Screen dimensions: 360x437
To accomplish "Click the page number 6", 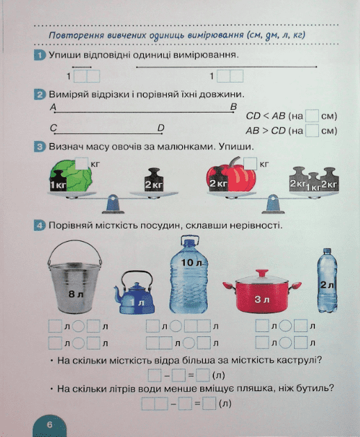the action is (49, 424).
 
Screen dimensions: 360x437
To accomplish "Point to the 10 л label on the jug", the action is (191, 262).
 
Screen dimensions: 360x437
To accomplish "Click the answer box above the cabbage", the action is (82, 163).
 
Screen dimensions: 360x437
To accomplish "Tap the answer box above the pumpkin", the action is (250, 163).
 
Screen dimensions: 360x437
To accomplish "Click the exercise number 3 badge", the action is (40, 147).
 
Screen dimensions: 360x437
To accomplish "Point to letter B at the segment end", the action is (234, 106).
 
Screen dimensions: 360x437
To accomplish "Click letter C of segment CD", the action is (54, 128).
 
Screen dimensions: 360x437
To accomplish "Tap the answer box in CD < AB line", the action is (312, 116).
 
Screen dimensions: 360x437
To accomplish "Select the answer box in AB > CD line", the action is (312, 131).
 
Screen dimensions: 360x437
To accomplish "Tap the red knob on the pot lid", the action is (262, 272).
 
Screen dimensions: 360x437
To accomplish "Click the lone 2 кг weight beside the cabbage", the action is (154, 180).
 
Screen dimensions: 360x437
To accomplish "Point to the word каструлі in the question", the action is (300, 361).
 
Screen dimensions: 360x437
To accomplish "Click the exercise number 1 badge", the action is (40, 55).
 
